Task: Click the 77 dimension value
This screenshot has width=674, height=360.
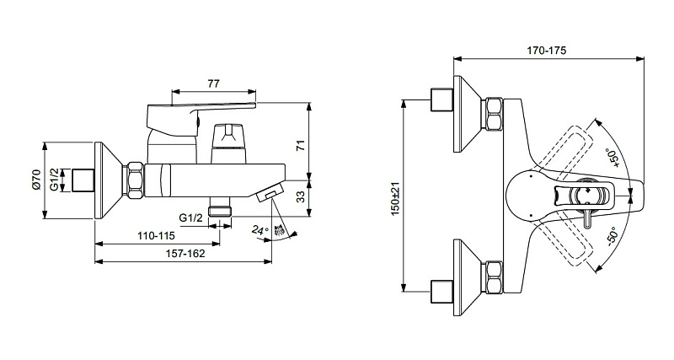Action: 214,83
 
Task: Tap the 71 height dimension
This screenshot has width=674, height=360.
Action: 302,145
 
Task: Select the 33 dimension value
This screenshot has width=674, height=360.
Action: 302,197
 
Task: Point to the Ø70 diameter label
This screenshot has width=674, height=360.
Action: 36,180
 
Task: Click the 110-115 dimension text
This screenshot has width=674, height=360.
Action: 156,236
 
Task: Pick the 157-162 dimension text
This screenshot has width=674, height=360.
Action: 185,254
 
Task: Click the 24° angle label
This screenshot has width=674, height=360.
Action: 259,230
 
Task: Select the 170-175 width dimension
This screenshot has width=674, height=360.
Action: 547,51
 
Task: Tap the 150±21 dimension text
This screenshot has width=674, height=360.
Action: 395,198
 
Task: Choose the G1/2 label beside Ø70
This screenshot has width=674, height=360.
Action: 54,180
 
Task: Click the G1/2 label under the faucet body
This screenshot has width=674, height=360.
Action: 191,218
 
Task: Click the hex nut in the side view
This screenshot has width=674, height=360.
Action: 136,180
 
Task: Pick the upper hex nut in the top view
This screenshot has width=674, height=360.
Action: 494,114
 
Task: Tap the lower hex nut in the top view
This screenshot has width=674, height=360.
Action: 494,277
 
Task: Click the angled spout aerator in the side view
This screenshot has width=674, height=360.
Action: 270,192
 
